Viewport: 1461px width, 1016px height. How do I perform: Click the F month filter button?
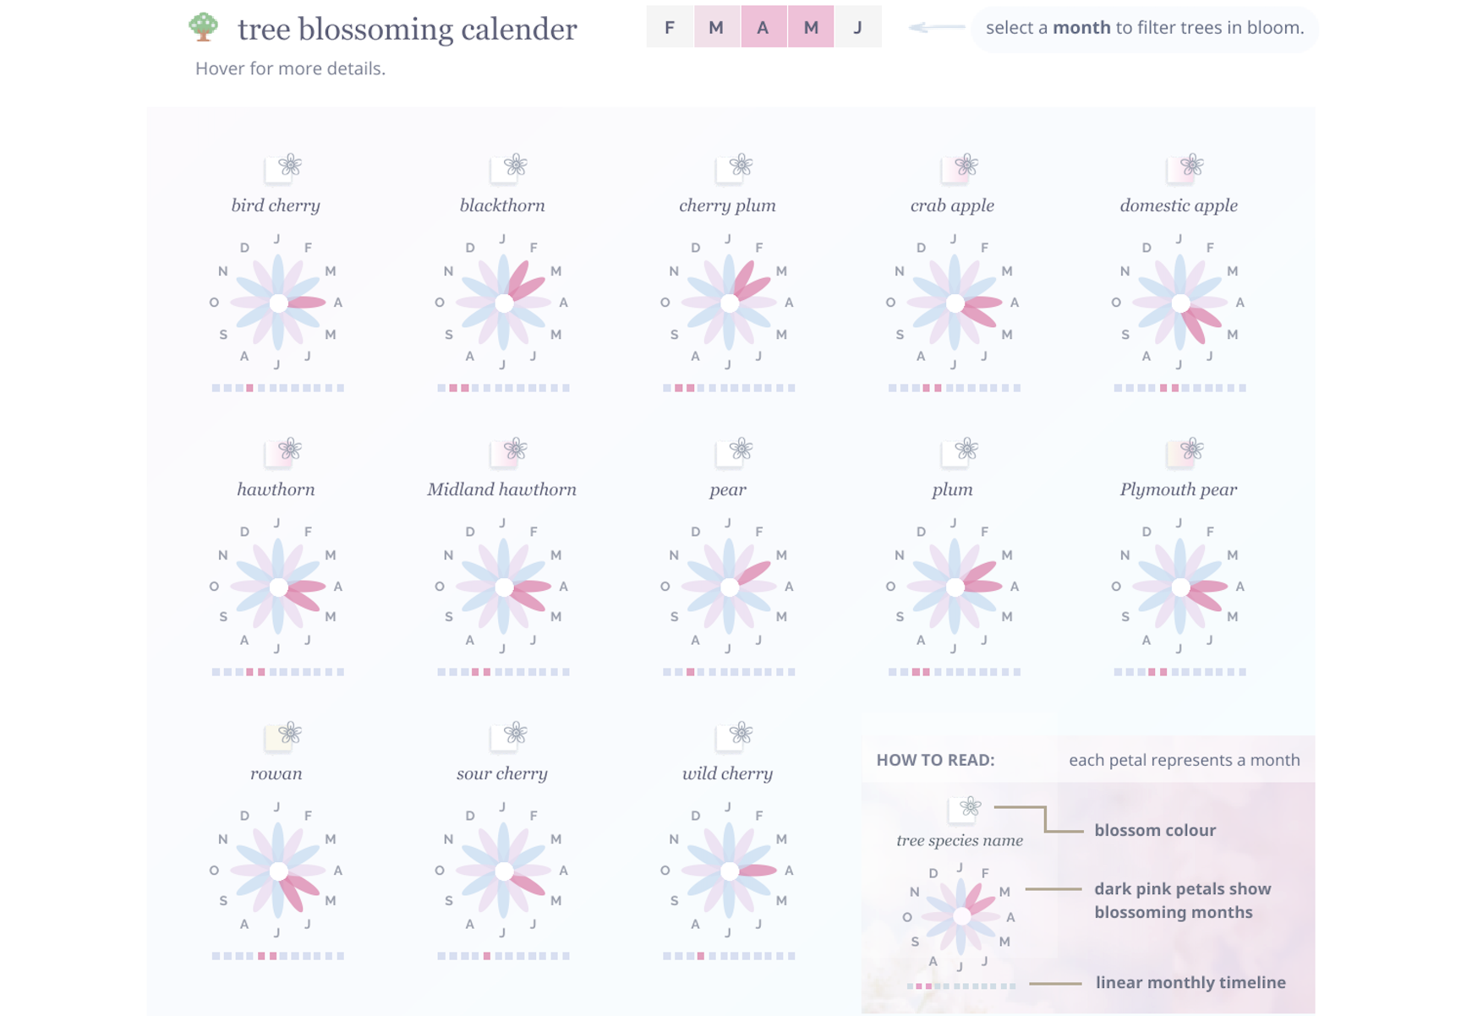point(670,27)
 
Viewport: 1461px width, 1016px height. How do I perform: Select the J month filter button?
point(857,27)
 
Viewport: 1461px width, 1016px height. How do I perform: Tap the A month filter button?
point(763,27)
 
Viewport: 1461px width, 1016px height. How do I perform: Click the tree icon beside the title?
point(204,27)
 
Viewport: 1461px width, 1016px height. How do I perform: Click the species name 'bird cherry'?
point(276,205)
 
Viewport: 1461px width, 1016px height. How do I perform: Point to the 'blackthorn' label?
point(502,205)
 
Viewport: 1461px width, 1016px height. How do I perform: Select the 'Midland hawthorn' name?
point(501,489)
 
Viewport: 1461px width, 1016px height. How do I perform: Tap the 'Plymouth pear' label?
point(1178,489)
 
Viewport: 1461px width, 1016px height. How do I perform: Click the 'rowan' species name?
point(276,773)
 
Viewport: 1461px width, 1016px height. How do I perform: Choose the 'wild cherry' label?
point(727,773)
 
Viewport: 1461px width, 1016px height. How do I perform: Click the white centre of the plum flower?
point(955,587)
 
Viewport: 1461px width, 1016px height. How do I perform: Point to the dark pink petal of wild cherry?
point(758,870)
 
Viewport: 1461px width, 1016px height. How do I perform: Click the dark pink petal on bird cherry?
point(306,302)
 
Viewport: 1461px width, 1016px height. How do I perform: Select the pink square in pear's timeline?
point(691,672)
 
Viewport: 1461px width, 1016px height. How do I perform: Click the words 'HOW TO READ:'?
point(935,760)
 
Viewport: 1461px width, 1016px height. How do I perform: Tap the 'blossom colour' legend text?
point(1155,830)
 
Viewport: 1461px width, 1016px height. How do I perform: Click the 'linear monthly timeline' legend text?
point(1190,982)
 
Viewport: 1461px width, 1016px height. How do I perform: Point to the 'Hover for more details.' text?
point(290,68)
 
